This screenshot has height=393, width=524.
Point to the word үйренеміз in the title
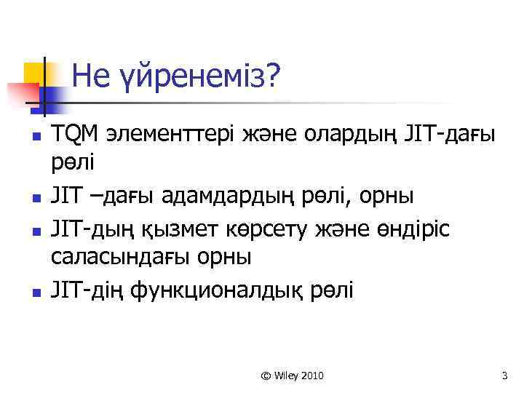pos(198,76)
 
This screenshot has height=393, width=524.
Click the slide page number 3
pos(504,376)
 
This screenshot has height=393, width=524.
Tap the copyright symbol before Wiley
pos(266,376)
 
